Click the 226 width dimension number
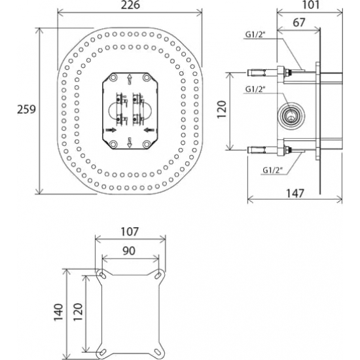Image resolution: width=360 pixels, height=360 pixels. pyautogui.click(x=130, y=5)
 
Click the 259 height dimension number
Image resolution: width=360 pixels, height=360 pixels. pyautogui.click(x=26, y=109)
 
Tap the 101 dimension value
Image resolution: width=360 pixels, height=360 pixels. pyautogui.click(x=311, y=5)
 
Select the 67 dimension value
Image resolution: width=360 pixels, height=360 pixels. pyautogui.click(x=299, y=22)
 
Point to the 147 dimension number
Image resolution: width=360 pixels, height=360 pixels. pyautogui.click(x=295, y=193)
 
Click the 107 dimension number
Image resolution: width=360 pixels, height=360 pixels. pyautogui.click(x=130, y=232)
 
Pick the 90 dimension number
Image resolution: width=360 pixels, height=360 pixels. pyautogui.click(x=129, y=251)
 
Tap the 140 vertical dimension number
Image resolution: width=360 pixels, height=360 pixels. pyautogui.click(x=58, y=312)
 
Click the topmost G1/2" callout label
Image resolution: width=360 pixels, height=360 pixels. pyautogui.click(x=255, y=35)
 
